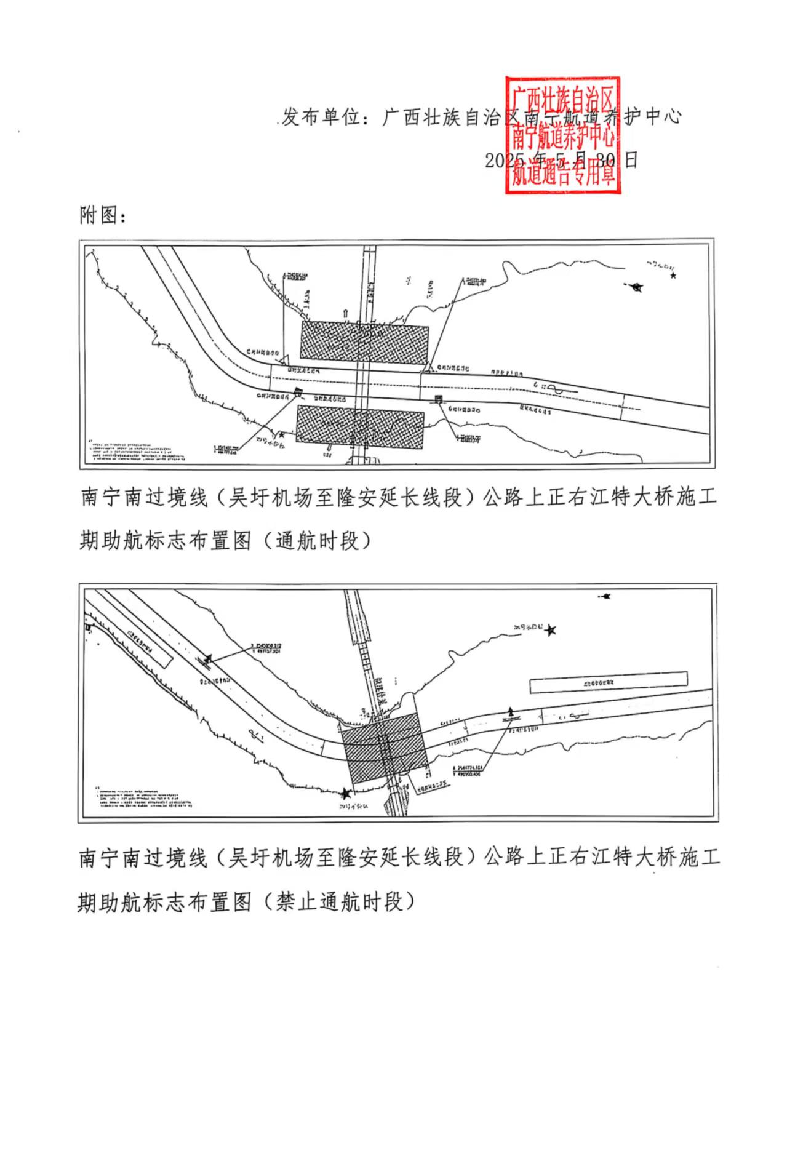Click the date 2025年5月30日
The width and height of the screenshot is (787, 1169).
[561, 161]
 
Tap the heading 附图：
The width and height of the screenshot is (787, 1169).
[103, 215]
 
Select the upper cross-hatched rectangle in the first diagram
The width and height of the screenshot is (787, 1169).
[364, 341]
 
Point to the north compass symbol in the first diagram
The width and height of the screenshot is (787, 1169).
[637, 287]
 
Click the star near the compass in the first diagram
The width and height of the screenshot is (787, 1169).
[674, 276]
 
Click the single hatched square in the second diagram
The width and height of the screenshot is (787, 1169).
[383, 748]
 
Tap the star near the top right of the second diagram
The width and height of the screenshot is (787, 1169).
[551, 629]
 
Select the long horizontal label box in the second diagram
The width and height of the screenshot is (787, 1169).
[608, 682]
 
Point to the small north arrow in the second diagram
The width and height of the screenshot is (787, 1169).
[605, 596]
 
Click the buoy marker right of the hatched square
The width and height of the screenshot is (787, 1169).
[509, 714]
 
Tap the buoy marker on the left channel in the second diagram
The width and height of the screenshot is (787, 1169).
[207, 660]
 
